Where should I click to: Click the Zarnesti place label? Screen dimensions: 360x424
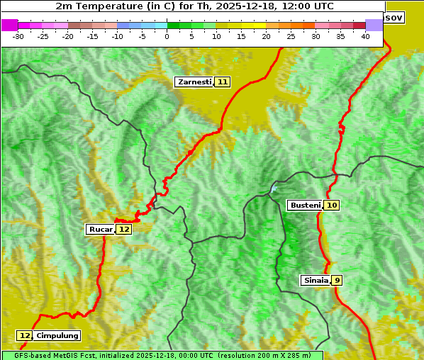click(194, 82)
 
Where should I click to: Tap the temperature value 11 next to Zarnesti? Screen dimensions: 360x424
click(223, 82)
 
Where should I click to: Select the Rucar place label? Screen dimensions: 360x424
click(100, 230)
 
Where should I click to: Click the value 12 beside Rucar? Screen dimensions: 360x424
click(124, 230)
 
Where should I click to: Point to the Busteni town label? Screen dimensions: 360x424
click(305, 206)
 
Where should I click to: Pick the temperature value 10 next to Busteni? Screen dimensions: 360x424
click(333, 206)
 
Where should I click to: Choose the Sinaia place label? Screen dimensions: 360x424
click(316, 281)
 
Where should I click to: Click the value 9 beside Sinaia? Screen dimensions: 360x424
click(337, 281)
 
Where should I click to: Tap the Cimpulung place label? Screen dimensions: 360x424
click(57, 336)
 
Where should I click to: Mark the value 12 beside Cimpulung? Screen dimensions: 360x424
click(25, 336)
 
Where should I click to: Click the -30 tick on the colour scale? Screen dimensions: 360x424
click(18, 36)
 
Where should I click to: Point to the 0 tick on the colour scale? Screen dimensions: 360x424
click(167, 36)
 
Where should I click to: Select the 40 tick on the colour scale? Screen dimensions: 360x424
click(365, 36)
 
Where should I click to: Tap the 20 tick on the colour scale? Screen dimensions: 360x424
click(267, 36)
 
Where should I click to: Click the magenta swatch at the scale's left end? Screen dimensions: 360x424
click(9, 25)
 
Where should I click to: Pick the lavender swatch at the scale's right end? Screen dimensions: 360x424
click(374, 25)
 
